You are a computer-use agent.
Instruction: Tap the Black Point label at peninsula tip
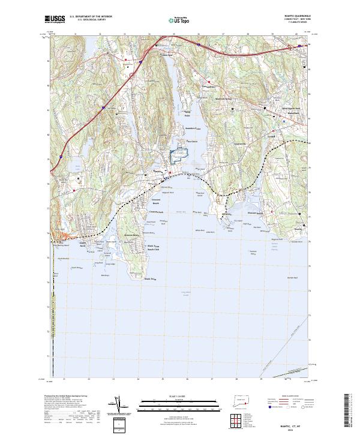tap(149, 278)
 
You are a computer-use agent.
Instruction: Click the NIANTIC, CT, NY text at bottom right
tap(298, 422)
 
